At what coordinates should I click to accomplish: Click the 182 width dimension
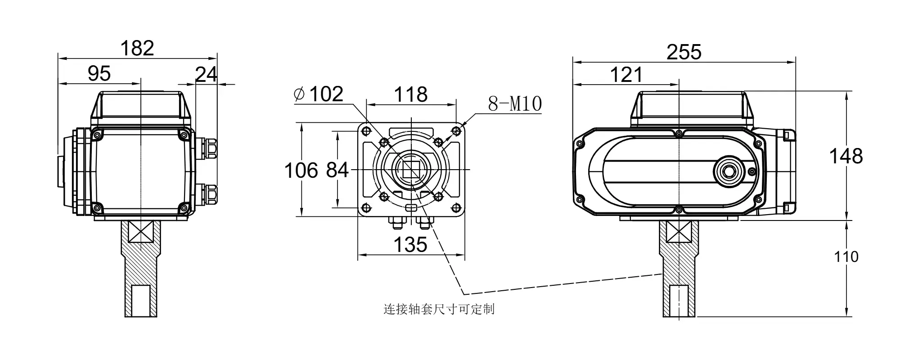point(137,48)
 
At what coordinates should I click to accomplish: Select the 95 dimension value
point(99,73)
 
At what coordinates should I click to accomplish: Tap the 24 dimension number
point(206,74)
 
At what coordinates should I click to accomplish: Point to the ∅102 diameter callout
point(318,94)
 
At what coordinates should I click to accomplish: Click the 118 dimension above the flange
point(411,94)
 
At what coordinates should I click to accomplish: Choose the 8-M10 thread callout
point(515,104)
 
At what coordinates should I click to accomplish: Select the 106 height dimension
point(301,171)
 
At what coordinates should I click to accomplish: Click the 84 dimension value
point(337,170)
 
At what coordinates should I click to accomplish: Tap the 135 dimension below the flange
point(410,245)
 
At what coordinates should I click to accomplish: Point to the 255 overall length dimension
point(684,52)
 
